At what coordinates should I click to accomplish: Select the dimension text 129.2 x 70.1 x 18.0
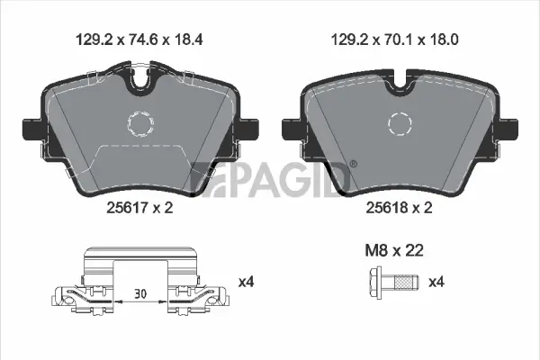pos(391,40)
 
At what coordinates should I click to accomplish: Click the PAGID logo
pos(270,177)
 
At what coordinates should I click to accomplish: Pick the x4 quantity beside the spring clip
pos(245,283)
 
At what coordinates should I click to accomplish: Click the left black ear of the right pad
pos(292,130)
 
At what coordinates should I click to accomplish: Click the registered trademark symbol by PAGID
pos(352,164)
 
